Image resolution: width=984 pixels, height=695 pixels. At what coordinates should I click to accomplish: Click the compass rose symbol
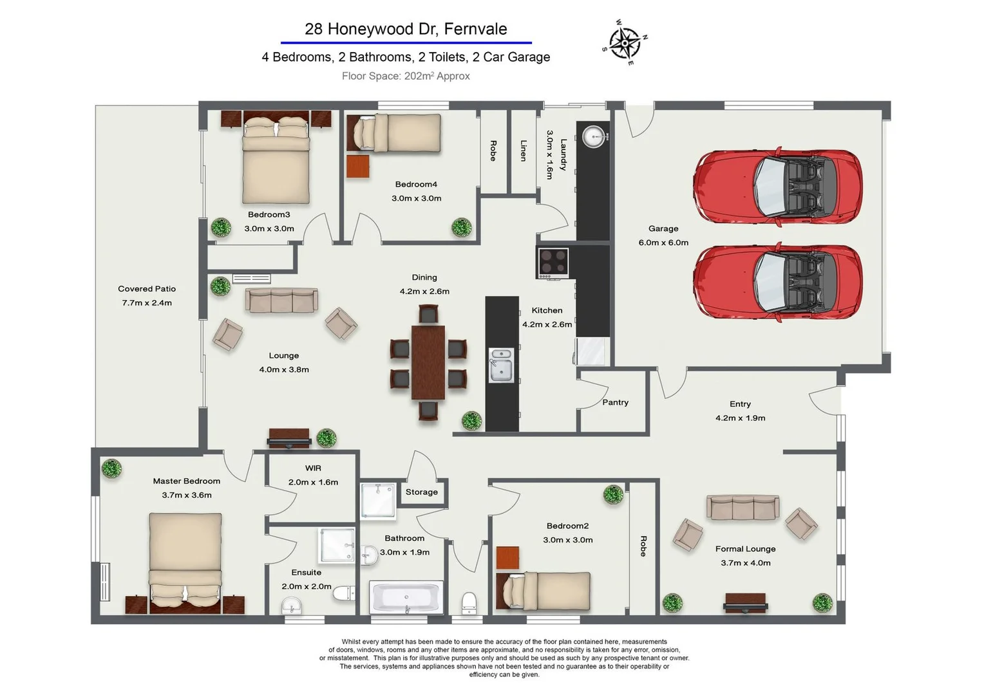(625, 42)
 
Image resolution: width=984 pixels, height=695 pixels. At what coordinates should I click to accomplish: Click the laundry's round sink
(594, 136)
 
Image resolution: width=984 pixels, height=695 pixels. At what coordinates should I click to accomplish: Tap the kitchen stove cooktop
(553, 263)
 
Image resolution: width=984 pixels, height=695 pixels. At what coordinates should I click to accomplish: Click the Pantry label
(615, 402)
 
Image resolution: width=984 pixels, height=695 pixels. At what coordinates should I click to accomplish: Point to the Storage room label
(421, 492)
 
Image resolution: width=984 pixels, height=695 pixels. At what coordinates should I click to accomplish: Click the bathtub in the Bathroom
(406, 597)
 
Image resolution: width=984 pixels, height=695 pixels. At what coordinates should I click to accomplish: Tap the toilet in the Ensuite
(344, 593)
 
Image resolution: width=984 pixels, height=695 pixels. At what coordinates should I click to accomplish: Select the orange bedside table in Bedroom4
(357, 167)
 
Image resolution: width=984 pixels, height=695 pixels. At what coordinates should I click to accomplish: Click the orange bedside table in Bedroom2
(507, 557)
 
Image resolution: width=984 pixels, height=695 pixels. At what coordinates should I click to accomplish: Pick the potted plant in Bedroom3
(221, 228)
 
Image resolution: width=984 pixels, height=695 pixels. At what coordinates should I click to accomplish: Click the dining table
(428, 362)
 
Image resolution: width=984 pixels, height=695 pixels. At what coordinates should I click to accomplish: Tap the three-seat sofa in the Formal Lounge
(743, 508)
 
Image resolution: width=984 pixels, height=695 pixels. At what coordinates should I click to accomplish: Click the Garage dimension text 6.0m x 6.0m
(663, 243)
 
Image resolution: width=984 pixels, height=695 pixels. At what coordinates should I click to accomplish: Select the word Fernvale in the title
(475, 29)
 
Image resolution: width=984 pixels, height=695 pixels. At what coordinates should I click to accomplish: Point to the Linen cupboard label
(523, 151)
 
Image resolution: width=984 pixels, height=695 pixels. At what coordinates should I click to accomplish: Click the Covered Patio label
(147, 289)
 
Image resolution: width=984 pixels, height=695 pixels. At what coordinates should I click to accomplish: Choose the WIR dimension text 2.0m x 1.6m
(313, 483)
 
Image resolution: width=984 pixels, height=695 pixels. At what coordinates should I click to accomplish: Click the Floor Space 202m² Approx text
(406, 76)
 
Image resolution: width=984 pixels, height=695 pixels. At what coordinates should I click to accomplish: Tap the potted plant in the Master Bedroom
(111, 468)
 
